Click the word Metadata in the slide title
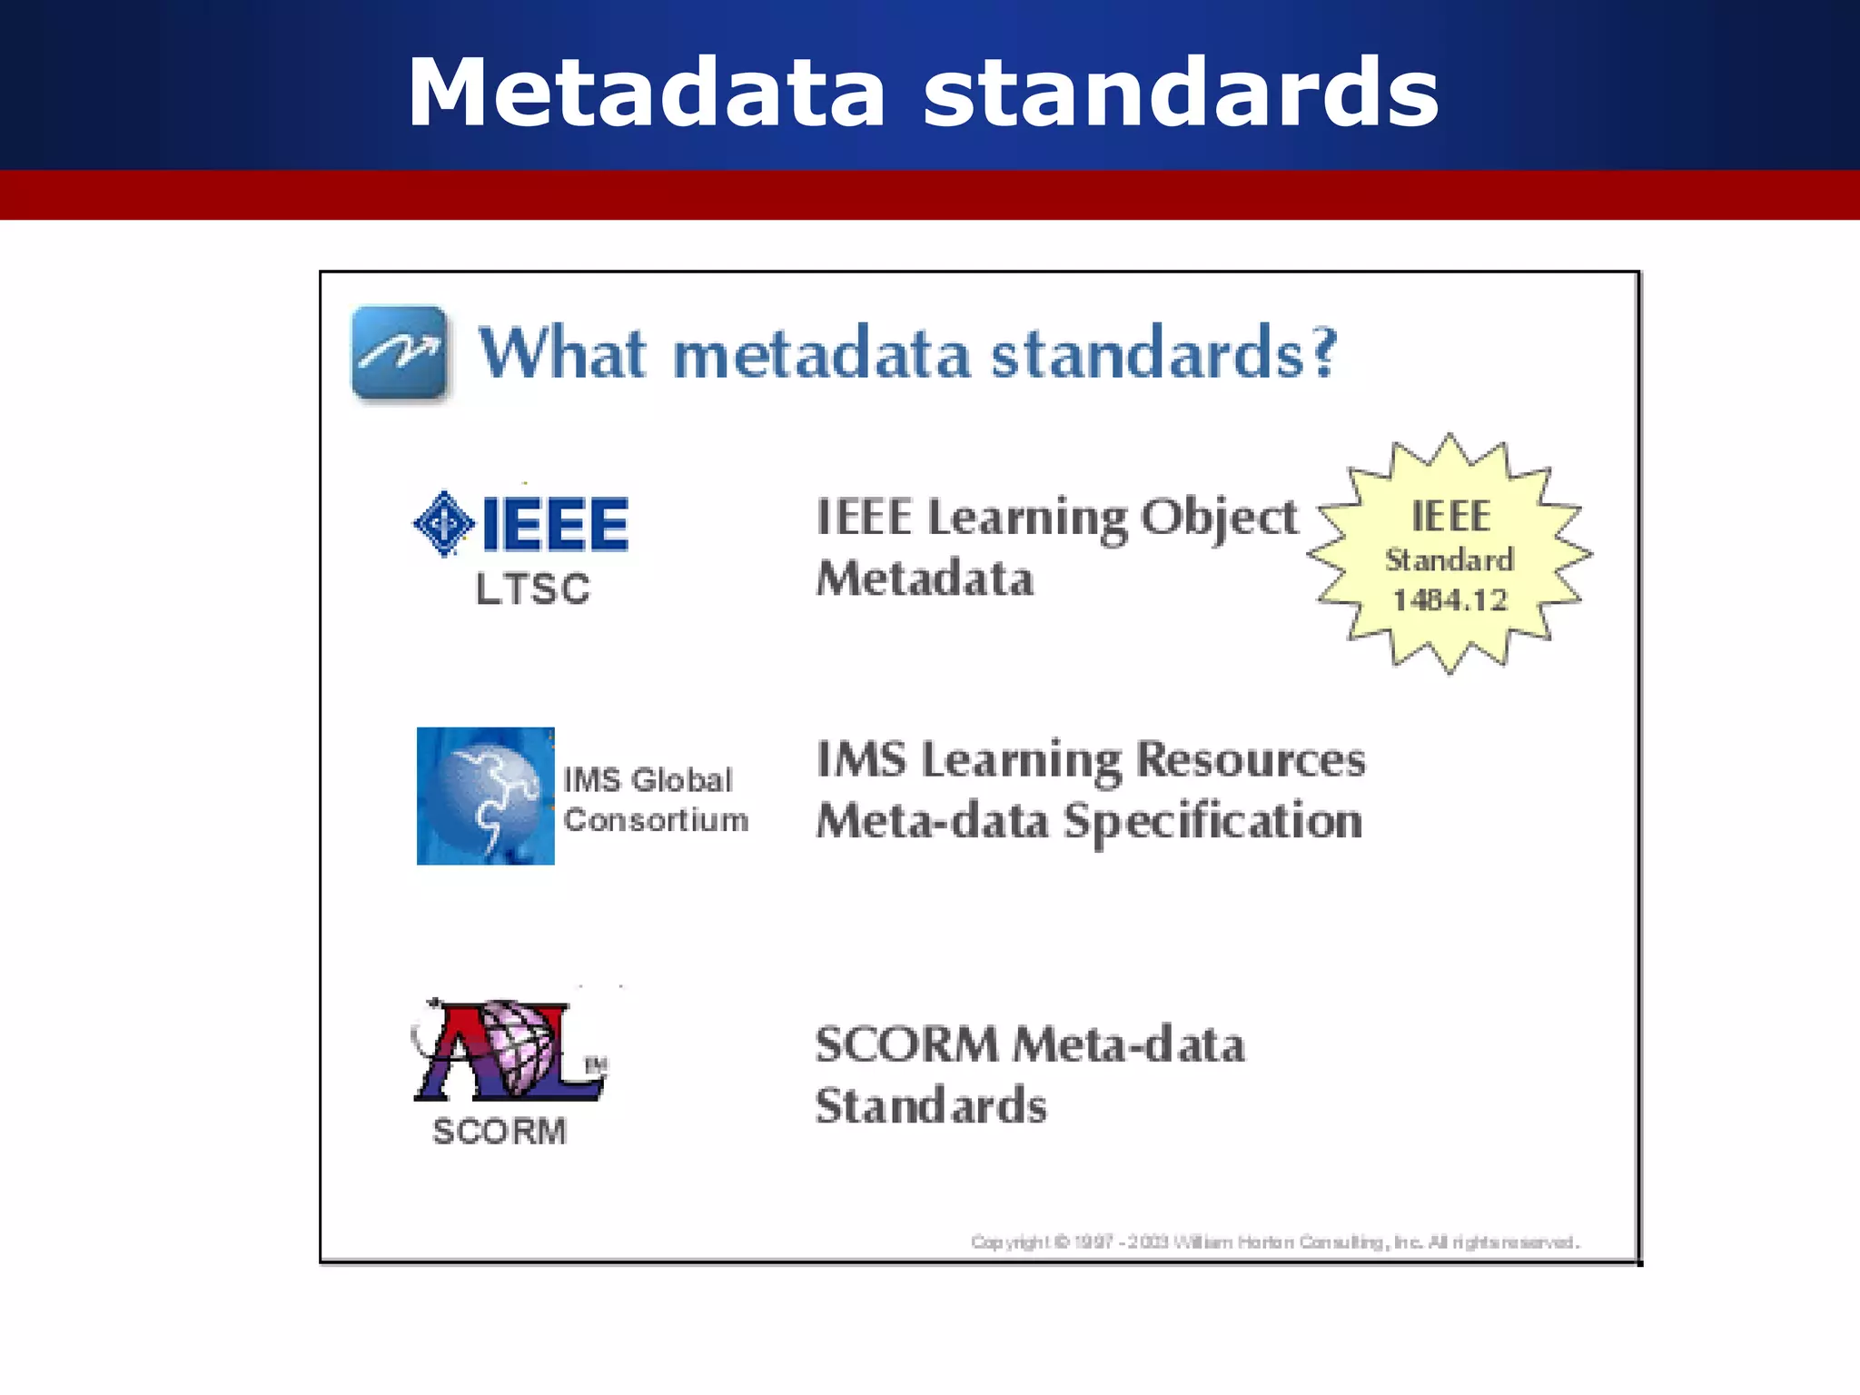click(x=646, y=93)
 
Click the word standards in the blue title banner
click(x=1181, y=93)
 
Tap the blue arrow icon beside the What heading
click(x=400, y=353)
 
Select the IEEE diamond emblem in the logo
click(x=443, y=524)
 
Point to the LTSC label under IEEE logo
click(x=533, y=589)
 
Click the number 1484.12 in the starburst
click(x=1449, y=600)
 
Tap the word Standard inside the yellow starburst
click(x=1449, y=559)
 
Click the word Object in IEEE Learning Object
click(x=1219, y=519)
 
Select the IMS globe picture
click(x=486, y=796)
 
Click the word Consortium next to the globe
click(x=656, y=820)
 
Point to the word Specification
click(x=1213, y=821)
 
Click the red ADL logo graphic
click(x=510, y=1051)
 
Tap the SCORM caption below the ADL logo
click(x=500, y=1132)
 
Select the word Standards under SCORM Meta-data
click(x=931, y=1105)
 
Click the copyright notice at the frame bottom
click(x=1275, y=1242)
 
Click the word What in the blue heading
click(x=563, y=353)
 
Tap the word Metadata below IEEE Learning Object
click(x=925, y=579)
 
